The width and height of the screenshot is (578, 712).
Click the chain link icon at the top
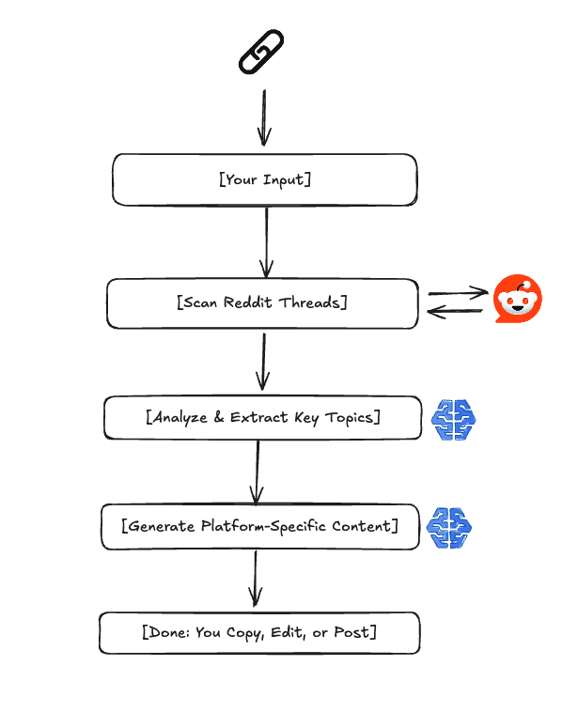point(261,53)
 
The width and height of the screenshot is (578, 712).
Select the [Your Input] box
point(264,179)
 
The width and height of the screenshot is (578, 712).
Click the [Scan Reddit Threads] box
point(262,303)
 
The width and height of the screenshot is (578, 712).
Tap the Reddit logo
point(517,302)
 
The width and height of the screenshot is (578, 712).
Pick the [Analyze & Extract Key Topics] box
point(262,418)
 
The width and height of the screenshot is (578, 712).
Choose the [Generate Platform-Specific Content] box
point(258,527)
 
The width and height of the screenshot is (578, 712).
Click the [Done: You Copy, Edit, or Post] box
point(258,633)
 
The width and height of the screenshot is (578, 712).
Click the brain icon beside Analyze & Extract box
point(455,419)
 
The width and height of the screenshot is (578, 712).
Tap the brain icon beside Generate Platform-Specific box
point(450,527)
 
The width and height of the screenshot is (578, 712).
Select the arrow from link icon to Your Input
point(264,117)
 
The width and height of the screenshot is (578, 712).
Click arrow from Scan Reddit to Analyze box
point(263,362)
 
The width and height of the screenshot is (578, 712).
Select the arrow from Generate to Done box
point(255,579)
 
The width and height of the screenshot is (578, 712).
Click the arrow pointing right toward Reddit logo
point(458,293)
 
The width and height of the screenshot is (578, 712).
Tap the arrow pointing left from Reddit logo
point(458,312)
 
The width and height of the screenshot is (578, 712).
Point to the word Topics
point(348,418)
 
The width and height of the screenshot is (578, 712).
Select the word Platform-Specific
point(263,527)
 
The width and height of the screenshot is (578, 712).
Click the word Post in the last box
point(353,633)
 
